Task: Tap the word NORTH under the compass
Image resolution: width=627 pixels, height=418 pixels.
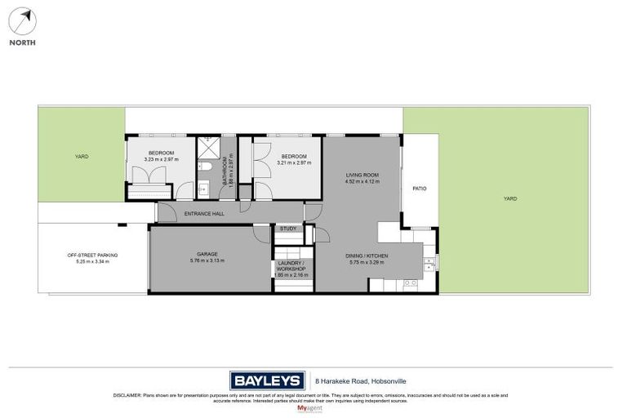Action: click(23, 42)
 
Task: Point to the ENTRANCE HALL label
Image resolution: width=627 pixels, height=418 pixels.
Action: click(203, 214)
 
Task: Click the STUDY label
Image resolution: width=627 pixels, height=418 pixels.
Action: click(287, 229)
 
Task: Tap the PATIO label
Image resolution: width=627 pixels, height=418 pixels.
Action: click(420, 189)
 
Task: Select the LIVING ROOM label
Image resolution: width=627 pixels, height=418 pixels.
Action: click(362, 175)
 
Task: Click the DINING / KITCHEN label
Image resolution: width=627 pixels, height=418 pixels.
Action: click(366, 256)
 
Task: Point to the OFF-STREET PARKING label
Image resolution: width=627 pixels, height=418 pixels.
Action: click(92, 256)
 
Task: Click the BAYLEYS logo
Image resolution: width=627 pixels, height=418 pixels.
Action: click(265, 380)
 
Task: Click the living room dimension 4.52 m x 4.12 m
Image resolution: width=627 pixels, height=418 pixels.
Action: click(362, 182)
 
